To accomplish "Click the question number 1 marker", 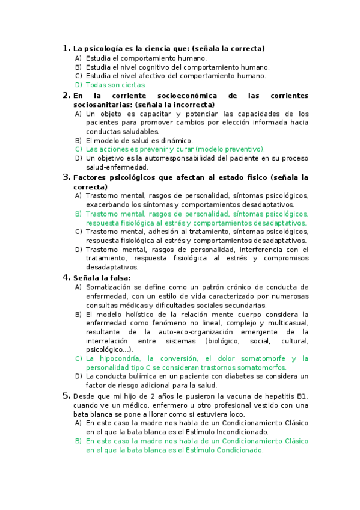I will pyautogui.click(x=66, y=48).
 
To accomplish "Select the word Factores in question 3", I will pyautogui.click(x=88, y=178).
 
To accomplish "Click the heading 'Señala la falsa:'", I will pyautogui.click(x=102, y=277).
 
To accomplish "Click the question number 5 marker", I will pyautogui.click(x=66, y=395).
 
